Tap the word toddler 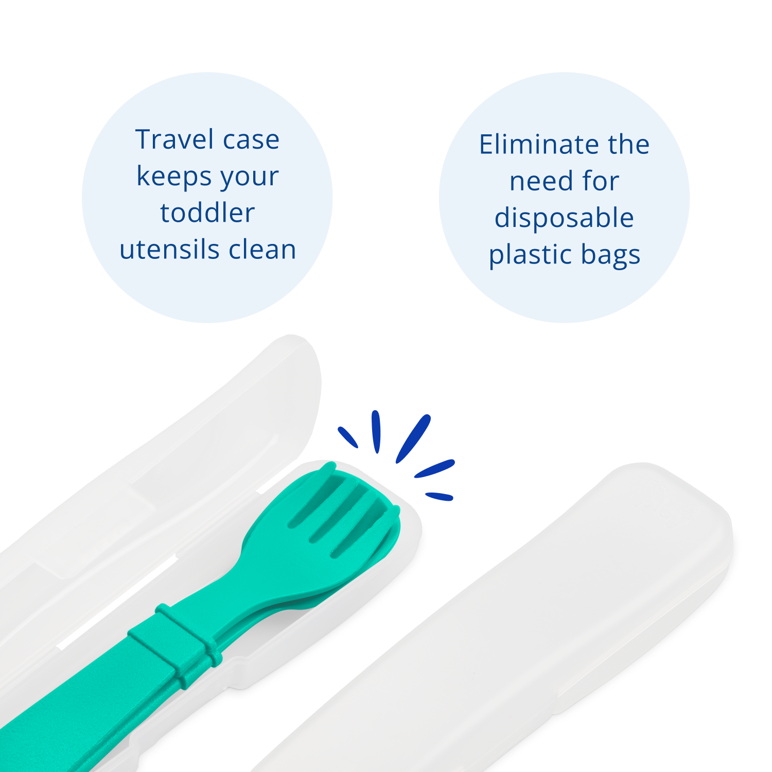coord(207,213)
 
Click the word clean coord(262,250)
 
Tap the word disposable coord(564,218)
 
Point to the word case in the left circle coord(251,139)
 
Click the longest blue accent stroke coord(413,438)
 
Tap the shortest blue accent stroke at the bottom coord(439,496)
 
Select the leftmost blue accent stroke coord(347,437)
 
